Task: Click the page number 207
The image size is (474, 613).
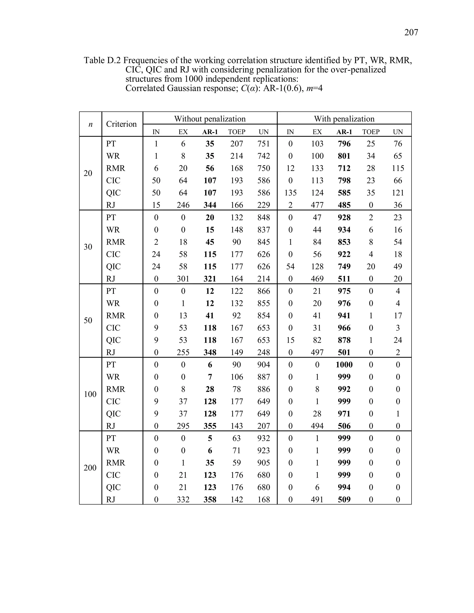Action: point(411,33)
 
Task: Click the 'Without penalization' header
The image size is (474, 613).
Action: point(210,119)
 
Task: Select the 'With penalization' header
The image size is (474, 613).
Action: point(344,119)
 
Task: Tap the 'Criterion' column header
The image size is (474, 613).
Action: point(121,124)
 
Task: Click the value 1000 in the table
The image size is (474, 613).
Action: point(344,365)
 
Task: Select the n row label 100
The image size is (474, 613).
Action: point(90,394)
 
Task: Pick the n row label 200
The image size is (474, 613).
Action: point(90,467)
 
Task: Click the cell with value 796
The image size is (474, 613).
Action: point(344,144)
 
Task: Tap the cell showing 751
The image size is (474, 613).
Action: point(263,144)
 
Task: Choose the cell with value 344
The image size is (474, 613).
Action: point(210,205)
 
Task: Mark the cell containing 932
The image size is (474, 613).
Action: point(263,438)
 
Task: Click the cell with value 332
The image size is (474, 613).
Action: point(183,499)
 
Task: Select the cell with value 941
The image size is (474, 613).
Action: point(344,316)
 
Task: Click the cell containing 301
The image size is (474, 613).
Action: point(183,279)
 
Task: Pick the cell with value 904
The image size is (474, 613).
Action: point(263,365)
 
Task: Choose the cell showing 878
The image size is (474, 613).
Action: point(344,340)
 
